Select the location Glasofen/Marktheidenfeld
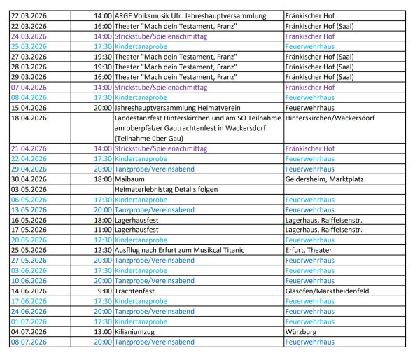pyautogui.click(x=331, y=291)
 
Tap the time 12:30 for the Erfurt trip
pyautogui.click(x=102, y=250)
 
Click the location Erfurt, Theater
pyautogui.click(x=310, y=250)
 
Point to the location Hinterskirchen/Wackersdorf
pyautogui.click(x=330, y=118)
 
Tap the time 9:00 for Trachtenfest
pyautogui.click(x=105, y=291)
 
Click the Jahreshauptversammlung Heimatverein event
pyautogui.click(x=184, y=108)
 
